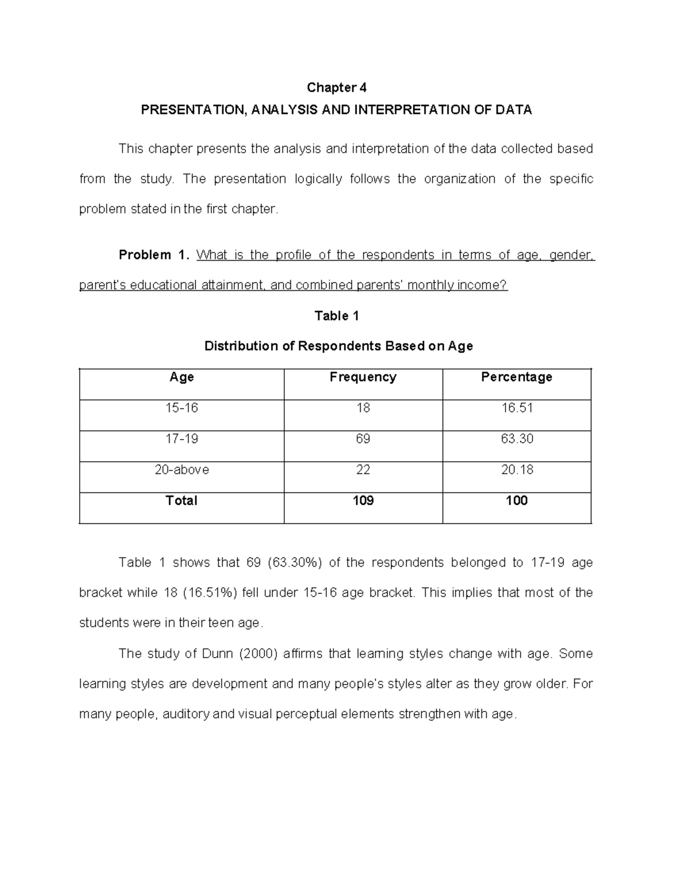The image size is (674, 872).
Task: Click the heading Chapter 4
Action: pyautogui.click(x=336, y=88)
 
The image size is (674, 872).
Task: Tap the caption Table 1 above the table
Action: pyautogui.click(x=336, y=316)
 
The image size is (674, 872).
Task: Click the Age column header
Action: pyautogui.click(x=181, y=377)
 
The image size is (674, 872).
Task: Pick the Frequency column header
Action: pyautogui.click(x=363, y=377)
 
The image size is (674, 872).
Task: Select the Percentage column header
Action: pyautogui.click(x=516, y=377)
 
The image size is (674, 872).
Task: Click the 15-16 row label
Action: pyautogui.click(x=181, y=408)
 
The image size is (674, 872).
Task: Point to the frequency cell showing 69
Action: pyautogui.click(x=363, y=439)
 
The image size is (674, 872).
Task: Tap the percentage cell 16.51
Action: pyautogui.click(x=516, y=408)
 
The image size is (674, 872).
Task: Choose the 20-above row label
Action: pyautogui.click(x=181, y=470)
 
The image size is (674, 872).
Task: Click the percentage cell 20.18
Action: pyautogui.click(x=516, y=470)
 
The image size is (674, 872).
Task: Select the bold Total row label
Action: pyautogui.click(x=181, y=501)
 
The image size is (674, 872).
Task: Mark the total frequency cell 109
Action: pyautogui.click(x=363, y=501)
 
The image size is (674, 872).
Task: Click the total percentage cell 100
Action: pyautogui.click(x=516, y=501)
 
